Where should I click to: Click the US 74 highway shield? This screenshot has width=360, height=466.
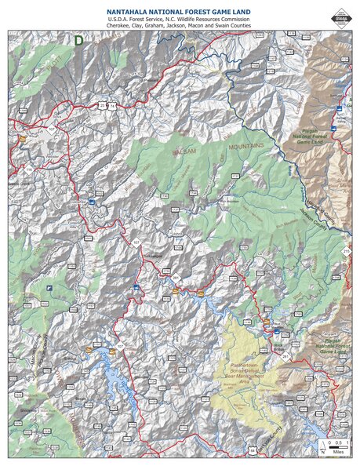pos(112,105)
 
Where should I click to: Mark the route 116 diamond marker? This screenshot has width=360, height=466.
pos(28,167)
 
